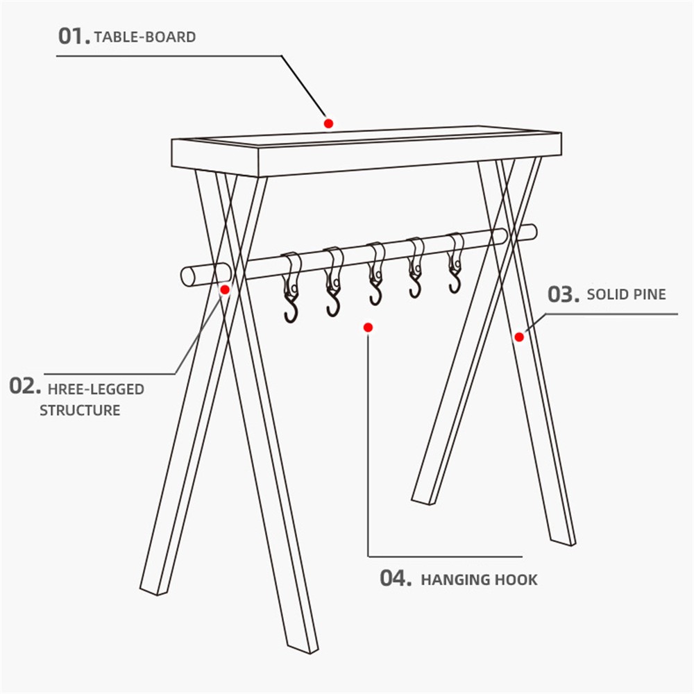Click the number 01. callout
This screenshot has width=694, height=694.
pos(74,36)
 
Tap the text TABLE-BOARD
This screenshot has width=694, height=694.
pos(145,37)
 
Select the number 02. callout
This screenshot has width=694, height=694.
pos(25,387)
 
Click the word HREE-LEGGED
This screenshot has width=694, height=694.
pos(96,389)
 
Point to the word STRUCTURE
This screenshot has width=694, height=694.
pos(80,411)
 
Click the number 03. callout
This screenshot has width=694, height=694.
pos(564,294)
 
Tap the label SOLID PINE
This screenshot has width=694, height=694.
pos(626,295)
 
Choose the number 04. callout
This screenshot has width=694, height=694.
pos(396,578)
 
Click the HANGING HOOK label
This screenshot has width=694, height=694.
pos(479,579)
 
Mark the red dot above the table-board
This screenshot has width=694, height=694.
pos(328,124)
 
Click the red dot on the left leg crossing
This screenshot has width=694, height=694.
pos(225,290)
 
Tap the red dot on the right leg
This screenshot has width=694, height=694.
pos(519,337)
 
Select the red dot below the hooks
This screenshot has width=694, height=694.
pos(368,328)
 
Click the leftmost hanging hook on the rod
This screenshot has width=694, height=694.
pos(290,288)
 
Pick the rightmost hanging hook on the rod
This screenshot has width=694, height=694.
pos(456,263)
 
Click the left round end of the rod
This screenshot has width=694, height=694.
pos(188,276)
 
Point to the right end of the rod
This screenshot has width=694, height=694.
pos(532,232)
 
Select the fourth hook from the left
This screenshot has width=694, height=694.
pos(415,268)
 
